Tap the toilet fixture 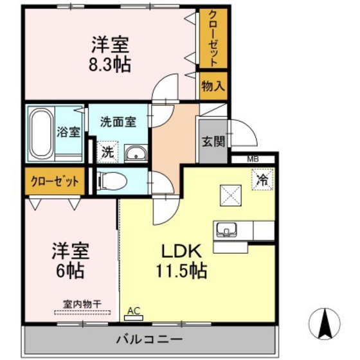113,181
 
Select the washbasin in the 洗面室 135,153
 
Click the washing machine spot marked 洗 108,152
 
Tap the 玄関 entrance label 212,141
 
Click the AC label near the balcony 134,311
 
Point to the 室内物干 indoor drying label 80,303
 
